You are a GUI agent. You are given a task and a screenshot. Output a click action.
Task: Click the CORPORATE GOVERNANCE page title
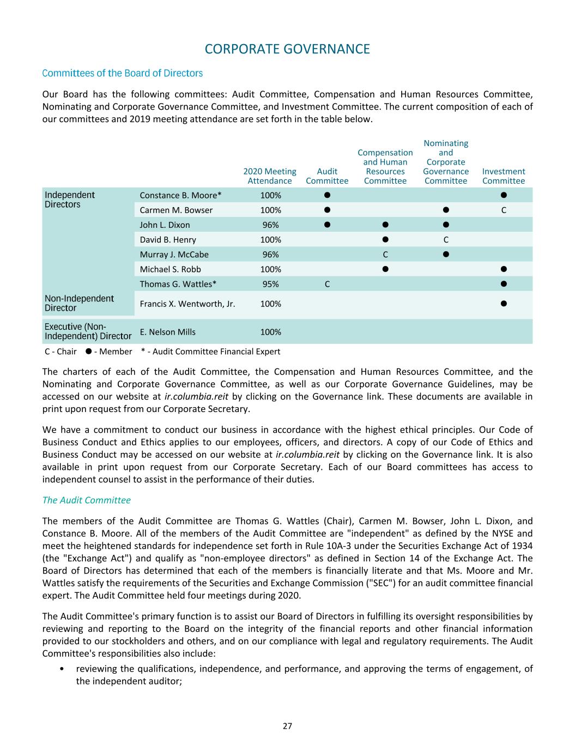coord(287,49)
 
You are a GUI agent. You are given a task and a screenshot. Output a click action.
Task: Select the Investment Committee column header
coord(503,176)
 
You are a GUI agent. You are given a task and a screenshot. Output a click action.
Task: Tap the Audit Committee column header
coord(327,176)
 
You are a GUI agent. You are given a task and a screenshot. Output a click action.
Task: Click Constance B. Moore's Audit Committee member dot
coord(327,195)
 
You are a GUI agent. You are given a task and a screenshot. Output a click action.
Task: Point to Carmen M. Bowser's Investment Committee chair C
coord(504,210)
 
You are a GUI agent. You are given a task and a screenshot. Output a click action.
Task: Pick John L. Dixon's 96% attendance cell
coord(270,225)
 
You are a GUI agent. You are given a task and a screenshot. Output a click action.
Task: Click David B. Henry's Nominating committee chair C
coord(446,239)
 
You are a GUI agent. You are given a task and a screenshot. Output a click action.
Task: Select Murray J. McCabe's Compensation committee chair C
coord(385,254)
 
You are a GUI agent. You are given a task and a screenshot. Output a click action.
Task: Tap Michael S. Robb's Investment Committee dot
coord(504,269)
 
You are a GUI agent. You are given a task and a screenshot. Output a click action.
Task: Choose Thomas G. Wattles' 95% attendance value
coord(270,283)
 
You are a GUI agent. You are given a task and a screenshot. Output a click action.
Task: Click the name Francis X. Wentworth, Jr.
coord(187,304)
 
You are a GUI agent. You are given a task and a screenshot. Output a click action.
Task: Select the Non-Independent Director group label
coord(79,303)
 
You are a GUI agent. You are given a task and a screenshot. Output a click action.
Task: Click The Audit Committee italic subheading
coord(86,500)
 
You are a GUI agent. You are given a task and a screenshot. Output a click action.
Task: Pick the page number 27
coord(287,725)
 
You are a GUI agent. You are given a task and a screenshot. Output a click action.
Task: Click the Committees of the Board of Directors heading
coord(122,73)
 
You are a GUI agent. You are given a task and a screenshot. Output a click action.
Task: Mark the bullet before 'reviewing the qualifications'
coord(64,669)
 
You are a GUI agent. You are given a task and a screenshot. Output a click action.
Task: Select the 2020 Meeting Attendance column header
coord(270,176)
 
